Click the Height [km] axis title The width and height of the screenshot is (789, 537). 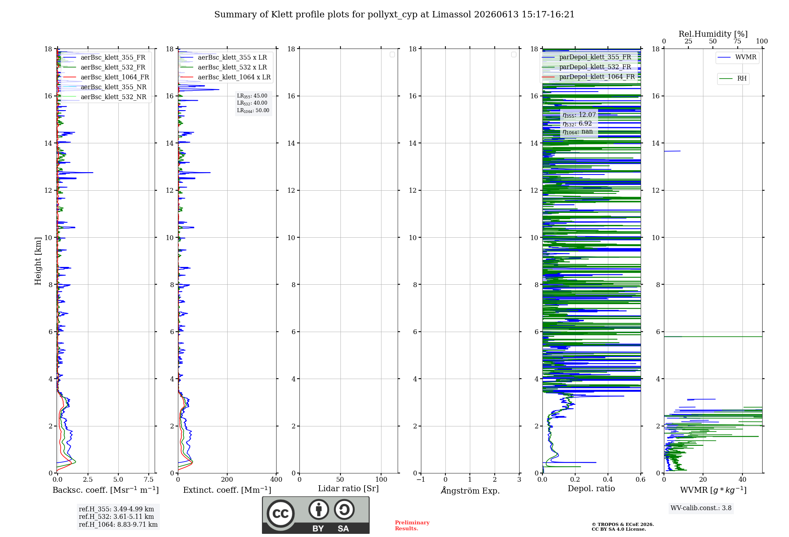(x=38, y=261)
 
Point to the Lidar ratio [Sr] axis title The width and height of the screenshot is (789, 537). (x=348, y=488)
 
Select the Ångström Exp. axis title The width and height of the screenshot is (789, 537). (x=470, y=490)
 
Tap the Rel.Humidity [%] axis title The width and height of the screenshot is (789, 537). (x=713, y=34)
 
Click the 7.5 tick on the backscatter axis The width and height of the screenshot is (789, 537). (x=149, y=479)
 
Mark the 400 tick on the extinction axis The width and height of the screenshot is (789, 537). (x=276, y=479)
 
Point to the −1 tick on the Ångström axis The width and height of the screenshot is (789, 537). (x=421, y=479)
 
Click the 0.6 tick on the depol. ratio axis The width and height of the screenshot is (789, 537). (x=641, y=479)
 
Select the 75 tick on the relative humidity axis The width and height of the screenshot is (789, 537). (x=737, y=41)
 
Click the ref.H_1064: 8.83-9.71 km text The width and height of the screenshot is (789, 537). (x=118, y=524)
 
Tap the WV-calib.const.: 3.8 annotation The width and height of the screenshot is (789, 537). (x=701, y=508)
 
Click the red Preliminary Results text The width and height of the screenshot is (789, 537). (x=412, y=526)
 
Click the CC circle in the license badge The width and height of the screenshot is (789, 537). (x=280, y=513)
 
